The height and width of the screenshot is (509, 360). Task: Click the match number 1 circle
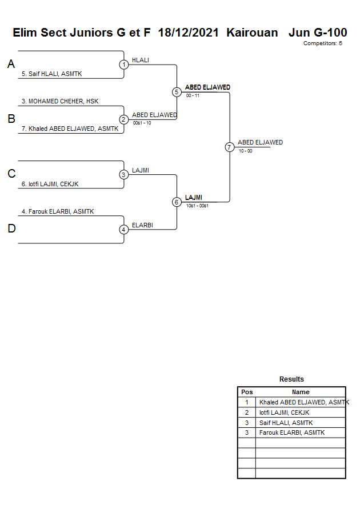[124, 65]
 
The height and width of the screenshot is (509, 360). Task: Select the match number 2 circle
[124, 119]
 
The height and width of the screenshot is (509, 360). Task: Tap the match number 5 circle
[177, 92]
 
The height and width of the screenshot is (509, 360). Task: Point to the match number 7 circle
[229, 147]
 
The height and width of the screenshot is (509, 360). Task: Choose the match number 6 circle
[177, 202]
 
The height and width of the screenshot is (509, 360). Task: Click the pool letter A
[11, 65]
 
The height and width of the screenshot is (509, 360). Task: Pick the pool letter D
[11, 229]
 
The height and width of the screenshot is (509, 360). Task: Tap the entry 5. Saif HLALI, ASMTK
[52, 74]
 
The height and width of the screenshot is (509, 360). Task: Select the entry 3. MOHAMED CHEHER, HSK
[60, 101]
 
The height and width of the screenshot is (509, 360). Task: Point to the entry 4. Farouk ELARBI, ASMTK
[58, 211]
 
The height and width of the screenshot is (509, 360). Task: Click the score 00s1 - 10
[142, 123]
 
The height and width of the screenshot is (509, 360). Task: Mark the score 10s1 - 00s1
[197, 206]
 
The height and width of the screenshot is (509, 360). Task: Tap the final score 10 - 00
[246, 151]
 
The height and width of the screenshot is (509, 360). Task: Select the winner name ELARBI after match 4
[142, 225]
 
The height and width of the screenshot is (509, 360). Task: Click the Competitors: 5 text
[322, 43]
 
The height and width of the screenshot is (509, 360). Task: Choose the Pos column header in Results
[247, 392]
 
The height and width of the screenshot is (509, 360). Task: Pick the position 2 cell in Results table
[247, 412]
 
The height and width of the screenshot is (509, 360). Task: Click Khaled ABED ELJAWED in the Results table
[302, 402]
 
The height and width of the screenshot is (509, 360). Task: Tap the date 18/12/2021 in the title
[189, 33]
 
